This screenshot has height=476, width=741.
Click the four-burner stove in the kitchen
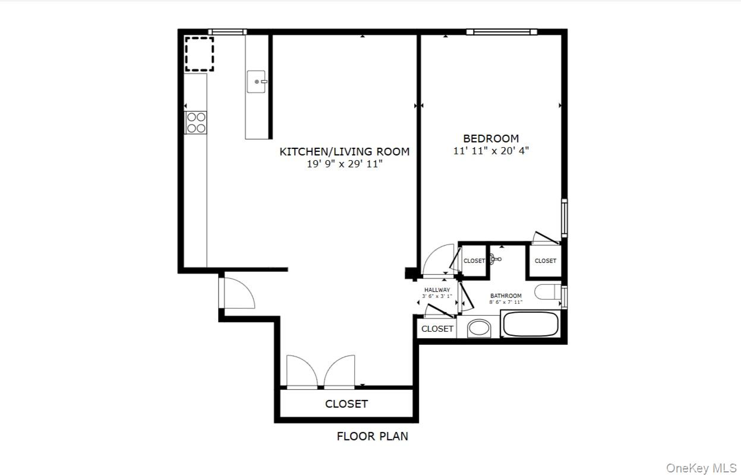196,122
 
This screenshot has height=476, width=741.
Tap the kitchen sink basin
256,81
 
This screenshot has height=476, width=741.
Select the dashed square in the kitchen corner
199,54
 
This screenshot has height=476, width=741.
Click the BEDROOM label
491,138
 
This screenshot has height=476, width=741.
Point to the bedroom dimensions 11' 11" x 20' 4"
491,151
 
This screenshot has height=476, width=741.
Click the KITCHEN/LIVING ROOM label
345,151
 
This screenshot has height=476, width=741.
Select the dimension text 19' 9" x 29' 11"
345,164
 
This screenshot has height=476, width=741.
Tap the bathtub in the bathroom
530,323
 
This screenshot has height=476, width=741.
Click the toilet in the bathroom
548,292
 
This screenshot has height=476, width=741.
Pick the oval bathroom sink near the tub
479,328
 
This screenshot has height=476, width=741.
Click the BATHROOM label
506,296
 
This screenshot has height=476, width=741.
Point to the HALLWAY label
437,290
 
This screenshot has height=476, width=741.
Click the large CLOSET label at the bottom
346,404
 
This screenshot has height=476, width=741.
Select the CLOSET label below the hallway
437,329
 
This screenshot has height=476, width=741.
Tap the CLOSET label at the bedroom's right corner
545,261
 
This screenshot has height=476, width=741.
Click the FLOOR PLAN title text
373,436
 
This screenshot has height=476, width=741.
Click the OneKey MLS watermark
701,468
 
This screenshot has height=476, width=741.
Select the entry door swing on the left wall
237,293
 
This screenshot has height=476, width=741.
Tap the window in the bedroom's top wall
502,32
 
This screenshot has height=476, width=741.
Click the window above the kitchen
227,32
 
